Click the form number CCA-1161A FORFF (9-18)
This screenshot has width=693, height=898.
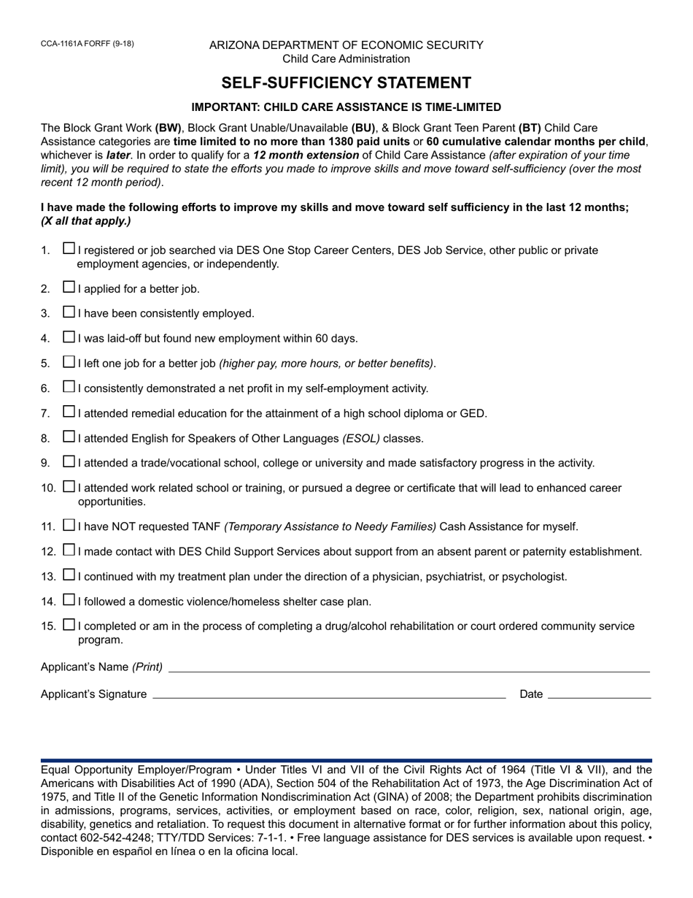point(87,44)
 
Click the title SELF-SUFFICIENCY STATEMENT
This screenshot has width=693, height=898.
point(346,82)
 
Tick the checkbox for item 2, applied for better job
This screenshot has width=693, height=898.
point(69,288)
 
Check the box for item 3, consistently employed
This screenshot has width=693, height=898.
point(69,312)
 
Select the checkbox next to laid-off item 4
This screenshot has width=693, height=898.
point(69,337)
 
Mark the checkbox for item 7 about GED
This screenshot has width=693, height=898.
point(69,412)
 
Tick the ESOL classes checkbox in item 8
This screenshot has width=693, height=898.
point(69,437)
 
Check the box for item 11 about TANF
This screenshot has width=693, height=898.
point(69,525)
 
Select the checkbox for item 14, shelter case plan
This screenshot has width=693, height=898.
point(69,600)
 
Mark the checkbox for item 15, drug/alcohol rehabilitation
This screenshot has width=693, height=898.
point(69,625)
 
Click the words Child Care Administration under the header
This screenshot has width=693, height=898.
point(346,59)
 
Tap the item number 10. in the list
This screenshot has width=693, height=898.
point(49,488)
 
